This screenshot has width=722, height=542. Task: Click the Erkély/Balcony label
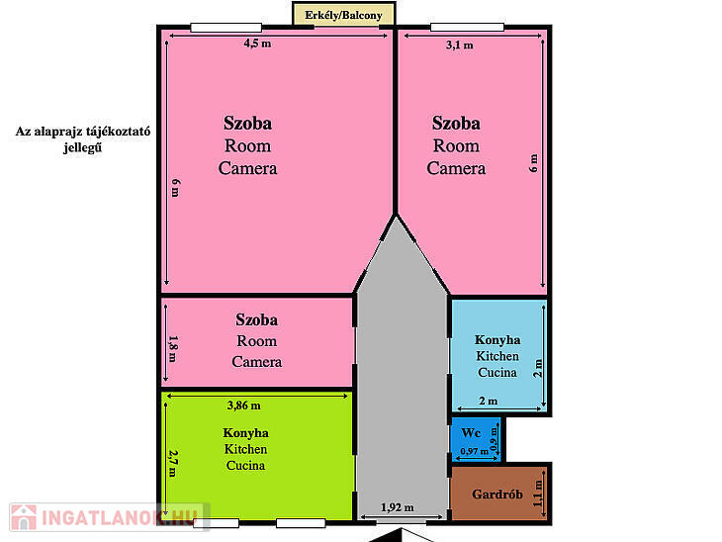(343, 15)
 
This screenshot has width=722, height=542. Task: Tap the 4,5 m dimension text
(257, 44)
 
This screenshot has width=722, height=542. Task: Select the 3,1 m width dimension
(460, 45)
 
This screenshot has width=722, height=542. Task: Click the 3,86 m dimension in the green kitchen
(244, 406)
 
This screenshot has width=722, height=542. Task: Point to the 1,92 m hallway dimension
(398, 507)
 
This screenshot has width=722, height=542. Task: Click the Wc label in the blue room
(471, 433)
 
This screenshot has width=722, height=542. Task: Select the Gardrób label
(497, 495)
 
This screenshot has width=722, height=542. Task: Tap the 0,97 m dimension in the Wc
(475, 451)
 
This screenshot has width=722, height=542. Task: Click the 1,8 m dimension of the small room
(173, 348)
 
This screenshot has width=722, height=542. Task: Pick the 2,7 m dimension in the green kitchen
(173, 463)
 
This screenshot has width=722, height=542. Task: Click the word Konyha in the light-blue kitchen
(497, 340)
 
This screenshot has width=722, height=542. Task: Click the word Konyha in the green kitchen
(246, 433)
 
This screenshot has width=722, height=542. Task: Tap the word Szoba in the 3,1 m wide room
(456, 124)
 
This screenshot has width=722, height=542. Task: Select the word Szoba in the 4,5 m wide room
(247, 124)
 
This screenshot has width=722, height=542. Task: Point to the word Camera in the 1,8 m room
(257, 362)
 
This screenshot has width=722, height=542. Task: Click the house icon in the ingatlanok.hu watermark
(24, 517)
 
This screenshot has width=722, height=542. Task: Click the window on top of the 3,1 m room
(467, 27)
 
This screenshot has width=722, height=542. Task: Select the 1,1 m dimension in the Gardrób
(537, 494)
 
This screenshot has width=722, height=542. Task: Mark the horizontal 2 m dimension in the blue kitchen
(488, 402)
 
